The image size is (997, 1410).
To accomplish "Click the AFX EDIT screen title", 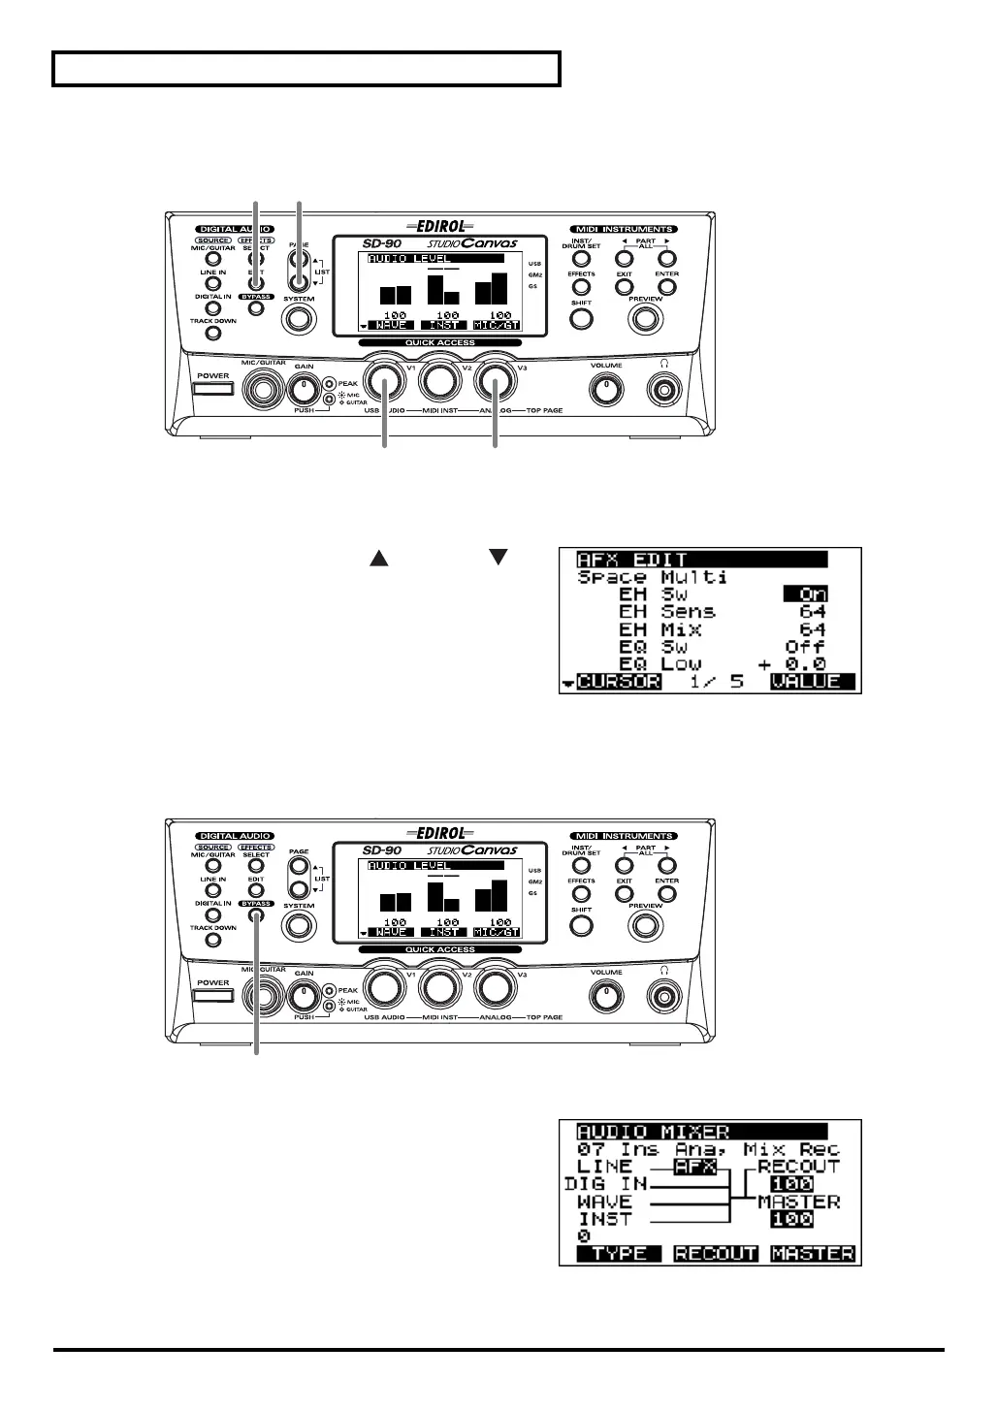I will [x=632, y=560].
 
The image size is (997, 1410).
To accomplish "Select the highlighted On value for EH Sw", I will [x=806, y=594].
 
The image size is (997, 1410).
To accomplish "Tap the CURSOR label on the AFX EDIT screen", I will [x=619, y=682].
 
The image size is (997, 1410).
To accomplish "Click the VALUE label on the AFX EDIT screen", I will [x=813, y=682].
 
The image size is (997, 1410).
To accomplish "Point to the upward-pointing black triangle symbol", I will [x=378, y=558].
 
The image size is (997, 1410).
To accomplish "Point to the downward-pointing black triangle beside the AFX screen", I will [x=498, y=558].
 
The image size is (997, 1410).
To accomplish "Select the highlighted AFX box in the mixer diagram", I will [x=696, y=1167].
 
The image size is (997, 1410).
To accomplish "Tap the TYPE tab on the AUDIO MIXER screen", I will [x=619, y=1254].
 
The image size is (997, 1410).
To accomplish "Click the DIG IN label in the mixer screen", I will [x=605, y=1184].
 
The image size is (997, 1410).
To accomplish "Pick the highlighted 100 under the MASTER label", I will [x=791, y=1219].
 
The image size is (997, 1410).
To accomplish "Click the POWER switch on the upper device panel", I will [x=213, y=390].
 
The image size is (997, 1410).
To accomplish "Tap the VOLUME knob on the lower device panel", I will [x=607, y=995].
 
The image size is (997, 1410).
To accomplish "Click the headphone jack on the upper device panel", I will [x=664, y=390].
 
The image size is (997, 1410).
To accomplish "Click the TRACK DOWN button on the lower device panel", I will [x=213, y=941].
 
